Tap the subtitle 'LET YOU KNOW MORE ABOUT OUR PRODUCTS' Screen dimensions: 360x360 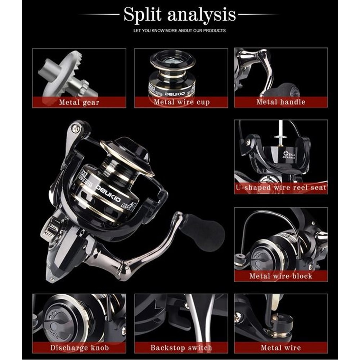(x=180, y=31)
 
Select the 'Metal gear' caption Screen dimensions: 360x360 (x=79, y=102)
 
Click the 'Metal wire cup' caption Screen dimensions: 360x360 (x=181, y=102)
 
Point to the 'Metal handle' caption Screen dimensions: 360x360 (x=281, y=102)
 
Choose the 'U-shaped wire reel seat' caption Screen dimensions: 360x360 (x=281, y=188)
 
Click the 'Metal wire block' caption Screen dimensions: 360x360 (x=281, y=276)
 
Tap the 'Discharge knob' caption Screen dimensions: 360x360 (x=79, y=348)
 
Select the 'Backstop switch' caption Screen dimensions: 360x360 (x=181, y=348)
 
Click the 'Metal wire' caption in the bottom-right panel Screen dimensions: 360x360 (x=281, y=348)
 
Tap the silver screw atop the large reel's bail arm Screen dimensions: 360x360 (x=75, y=128)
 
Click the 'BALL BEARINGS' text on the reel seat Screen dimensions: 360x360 (x=289, y=155)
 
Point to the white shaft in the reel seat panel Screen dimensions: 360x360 (x=280, y=132)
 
